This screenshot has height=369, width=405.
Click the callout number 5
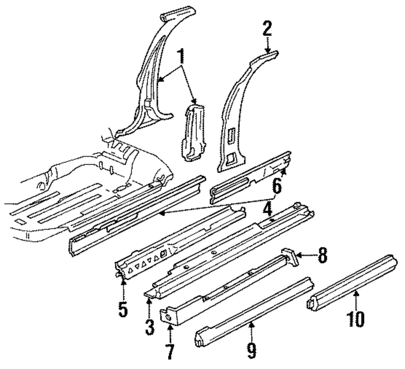(123, 307)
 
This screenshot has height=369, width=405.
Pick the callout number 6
(276, 187)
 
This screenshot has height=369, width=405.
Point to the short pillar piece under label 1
(193, 132)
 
